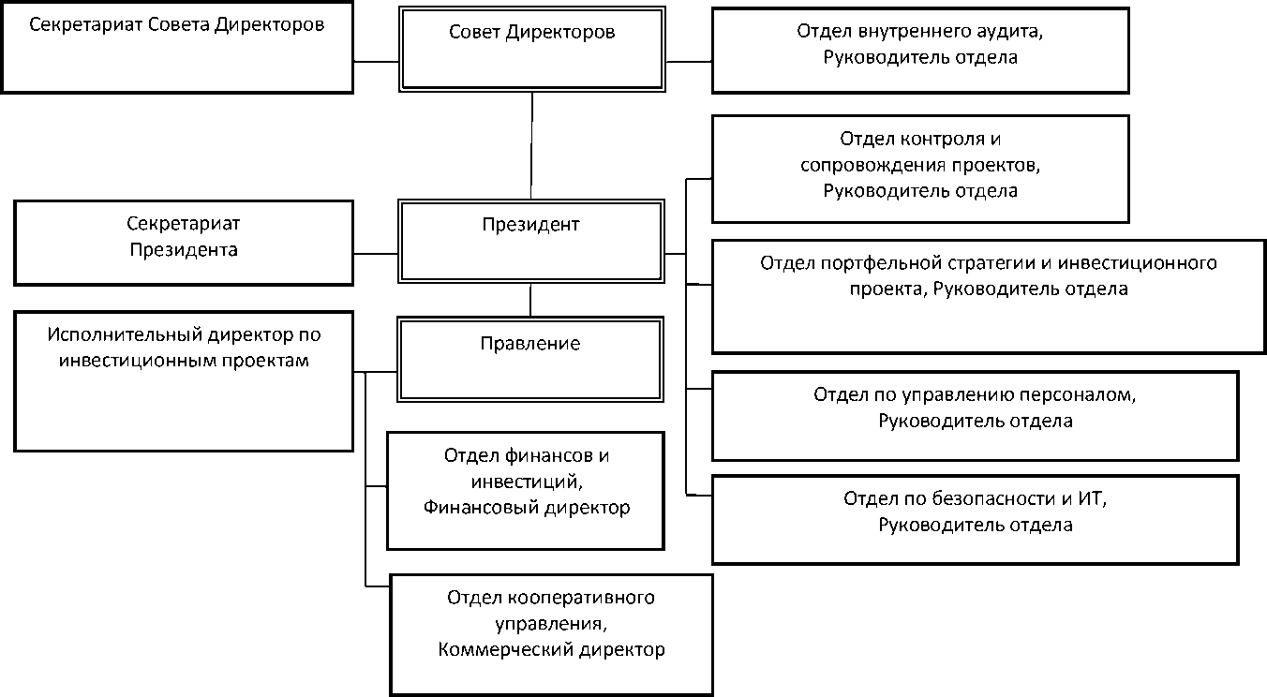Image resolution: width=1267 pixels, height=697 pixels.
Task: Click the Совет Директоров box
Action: [532, 49]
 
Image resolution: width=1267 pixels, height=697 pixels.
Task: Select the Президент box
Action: [531, 240]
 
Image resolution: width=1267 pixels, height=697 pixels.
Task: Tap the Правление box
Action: [530, 360]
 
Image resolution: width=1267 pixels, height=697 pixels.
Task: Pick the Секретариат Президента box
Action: [184, 242]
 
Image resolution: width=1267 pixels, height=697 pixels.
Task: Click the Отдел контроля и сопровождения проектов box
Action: [919, 169]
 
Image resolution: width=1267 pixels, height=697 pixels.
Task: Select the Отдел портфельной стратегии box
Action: [989, 296]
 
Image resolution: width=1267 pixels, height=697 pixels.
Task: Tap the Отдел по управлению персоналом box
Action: [975, 415]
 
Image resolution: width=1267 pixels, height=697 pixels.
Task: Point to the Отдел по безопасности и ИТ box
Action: [975, 519]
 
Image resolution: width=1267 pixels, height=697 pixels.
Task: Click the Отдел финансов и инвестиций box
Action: [526, 490]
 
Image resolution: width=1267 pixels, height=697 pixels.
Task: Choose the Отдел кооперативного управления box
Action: [551, 633]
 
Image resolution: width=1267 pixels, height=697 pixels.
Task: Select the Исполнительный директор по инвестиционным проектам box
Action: [184, 382]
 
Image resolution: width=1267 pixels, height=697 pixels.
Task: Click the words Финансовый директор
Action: [527, 508]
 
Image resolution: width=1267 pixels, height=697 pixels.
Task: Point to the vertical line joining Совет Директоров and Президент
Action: [532, 145]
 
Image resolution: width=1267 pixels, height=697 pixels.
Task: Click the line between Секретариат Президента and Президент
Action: [376, 253]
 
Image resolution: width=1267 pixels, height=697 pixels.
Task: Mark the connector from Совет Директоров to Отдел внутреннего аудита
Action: [689, 62]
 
